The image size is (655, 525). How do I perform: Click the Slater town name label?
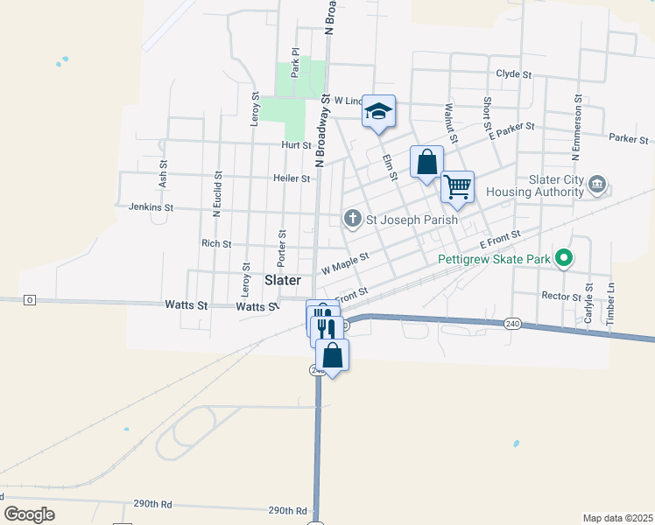coord(283,280)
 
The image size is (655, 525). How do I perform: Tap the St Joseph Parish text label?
coord(412,220)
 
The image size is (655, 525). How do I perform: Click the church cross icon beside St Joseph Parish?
coord(352,219)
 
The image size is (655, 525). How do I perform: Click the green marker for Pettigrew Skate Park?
coord(565,258)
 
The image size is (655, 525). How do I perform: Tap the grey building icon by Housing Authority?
coord(598,184)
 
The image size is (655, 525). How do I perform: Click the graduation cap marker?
coord(378,111)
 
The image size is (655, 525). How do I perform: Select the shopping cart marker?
coord(457,186)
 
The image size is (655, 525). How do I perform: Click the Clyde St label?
coord(514,74)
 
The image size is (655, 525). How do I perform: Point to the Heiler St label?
coord(293,178)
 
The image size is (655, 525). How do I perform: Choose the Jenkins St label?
coord(151,207)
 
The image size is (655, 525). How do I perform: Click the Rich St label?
coord(215,244)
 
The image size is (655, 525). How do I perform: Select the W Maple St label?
coord(345,261)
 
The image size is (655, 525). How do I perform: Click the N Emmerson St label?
coord(576,127)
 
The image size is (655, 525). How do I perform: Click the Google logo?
coord(29,514)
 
